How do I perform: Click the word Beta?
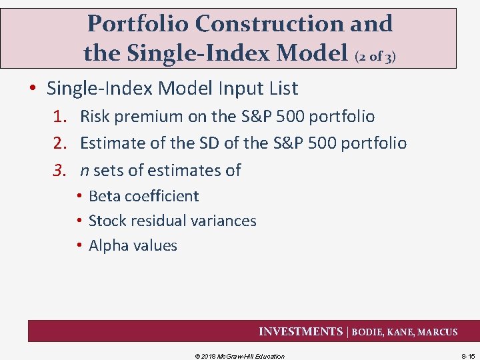tap(105, 196)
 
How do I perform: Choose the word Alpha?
tap(109, 245)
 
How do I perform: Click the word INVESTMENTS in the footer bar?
tap(300, 331)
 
